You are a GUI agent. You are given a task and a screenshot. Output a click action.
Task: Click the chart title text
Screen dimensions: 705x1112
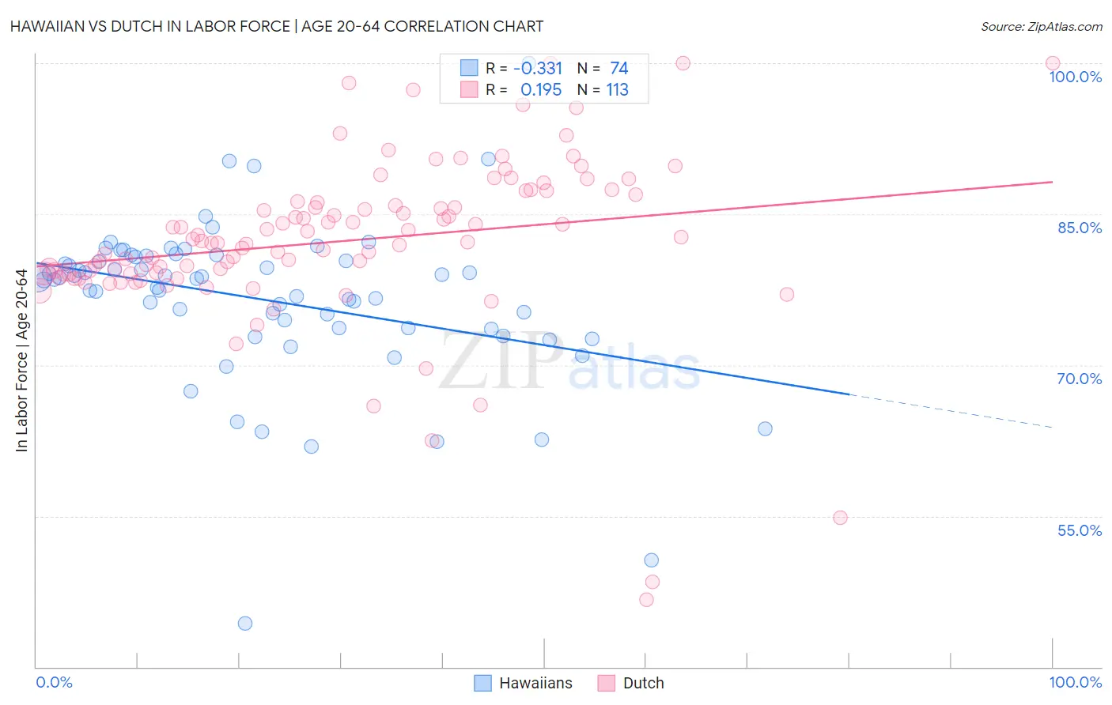pos(277,26)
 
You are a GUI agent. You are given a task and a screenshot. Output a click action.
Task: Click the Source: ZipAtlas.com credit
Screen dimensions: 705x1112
pos(1041,26)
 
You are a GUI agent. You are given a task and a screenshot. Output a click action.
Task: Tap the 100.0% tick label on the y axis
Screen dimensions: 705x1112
pos(1075,77)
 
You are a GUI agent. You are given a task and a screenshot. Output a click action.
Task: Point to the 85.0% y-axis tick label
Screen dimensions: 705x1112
pos(1080,228)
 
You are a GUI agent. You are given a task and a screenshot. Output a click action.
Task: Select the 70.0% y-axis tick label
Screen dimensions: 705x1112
pos(1080,379)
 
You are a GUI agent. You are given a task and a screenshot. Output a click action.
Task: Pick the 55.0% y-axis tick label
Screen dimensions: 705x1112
pos(1080,530)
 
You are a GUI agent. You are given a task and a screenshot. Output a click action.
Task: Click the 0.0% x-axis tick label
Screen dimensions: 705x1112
pos(54,682)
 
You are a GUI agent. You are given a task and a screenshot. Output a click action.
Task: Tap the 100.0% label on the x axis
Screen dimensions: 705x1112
pos(1075,682)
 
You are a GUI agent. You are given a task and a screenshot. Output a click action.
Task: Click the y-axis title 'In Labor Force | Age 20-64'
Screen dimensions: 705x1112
pos(22,360)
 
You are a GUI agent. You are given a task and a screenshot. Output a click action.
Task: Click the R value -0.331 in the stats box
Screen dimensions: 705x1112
pos(538,69)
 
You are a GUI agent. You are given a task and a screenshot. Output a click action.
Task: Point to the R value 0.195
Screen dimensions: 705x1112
pos(541,90)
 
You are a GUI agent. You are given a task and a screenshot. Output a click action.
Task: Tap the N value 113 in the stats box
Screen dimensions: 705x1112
pos(617,90)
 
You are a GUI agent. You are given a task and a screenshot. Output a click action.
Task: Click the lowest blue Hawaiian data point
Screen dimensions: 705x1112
pos(245,624)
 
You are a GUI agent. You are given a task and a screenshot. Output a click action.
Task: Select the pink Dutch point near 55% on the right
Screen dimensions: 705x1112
pos(840,518)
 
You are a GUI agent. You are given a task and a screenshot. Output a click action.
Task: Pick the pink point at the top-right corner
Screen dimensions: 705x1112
pos(1052,63)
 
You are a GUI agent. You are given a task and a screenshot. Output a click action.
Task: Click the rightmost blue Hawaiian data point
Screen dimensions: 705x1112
pos(765,429)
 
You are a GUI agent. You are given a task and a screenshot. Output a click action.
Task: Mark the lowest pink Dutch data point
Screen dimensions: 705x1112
pos(646,600)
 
